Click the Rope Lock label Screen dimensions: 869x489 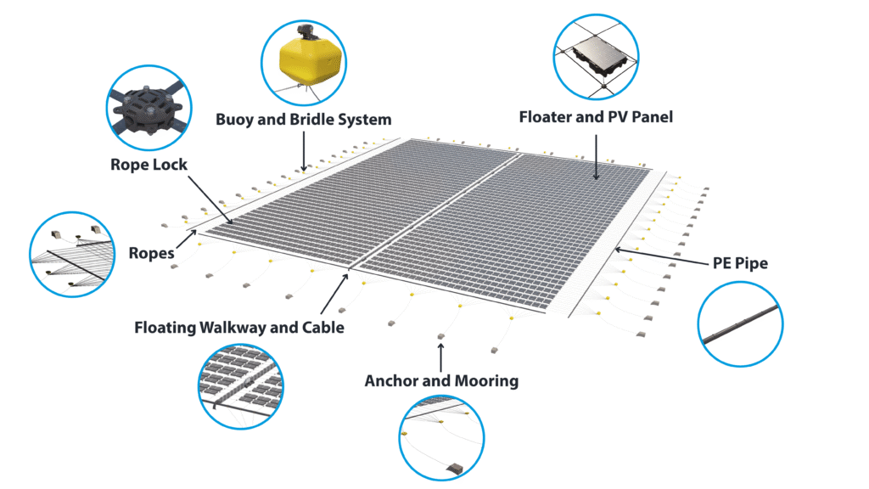click(x=149, y=165)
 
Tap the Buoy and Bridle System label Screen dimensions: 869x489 click(x=303, y=120)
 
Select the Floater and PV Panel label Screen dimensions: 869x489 click(x=596, y=117)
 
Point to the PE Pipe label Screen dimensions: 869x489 click(x=740, y=263)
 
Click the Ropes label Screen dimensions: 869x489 click(x=151, y=253)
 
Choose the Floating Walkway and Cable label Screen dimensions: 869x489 click(x=238, y=328)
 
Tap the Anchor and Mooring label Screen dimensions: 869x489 click(x=441, y=381)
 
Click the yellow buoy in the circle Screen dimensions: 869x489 click(x=305, y=62)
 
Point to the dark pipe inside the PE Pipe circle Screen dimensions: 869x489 click(x=740, y=323)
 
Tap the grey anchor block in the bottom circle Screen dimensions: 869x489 click(x=456, y=469)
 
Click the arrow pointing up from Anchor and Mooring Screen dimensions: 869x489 click(x=441, y=357)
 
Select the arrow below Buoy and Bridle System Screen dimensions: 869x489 click(x=304, y=151)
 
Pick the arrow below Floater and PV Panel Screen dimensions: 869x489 click(x=597, y=157)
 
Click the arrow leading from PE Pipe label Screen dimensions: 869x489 click(x=662, y=256)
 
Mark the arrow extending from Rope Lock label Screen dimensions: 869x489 click(x=210, y=200)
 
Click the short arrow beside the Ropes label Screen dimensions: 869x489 click(x=187, y=239)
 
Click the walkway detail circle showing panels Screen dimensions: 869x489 click(x=241, y=386)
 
